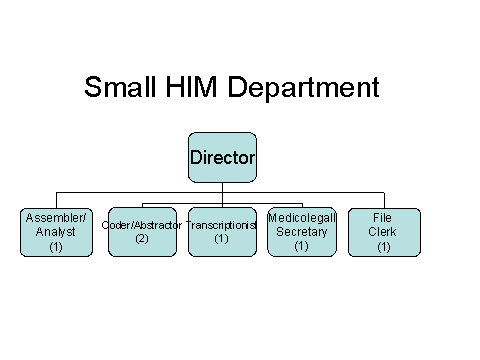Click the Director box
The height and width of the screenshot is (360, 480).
point(222,157)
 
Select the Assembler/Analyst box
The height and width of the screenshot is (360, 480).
point(56,232)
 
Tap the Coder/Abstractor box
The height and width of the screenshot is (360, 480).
point(142,232)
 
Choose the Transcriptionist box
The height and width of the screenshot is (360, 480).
point(222,232)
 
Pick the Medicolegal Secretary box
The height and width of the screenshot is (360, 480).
point(302,232)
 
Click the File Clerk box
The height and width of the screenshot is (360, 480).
point(383,232)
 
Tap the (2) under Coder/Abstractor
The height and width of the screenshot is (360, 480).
point(142,238)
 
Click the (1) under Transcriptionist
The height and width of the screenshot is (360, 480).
point(222,239)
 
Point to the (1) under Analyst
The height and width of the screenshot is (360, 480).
point(56,246)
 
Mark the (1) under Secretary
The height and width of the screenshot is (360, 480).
point(302,246)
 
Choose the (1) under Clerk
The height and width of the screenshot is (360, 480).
point(383,246)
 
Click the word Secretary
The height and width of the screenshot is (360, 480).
point(302,232)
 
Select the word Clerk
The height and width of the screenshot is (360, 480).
point(383,232)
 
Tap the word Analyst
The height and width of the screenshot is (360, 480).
point(56,232)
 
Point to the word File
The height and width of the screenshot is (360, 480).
point(383,218)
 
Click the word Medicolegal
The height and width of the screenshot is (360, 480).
point(302,218)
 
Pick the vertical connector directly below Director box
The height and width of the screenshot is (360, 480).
point(222,187)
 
